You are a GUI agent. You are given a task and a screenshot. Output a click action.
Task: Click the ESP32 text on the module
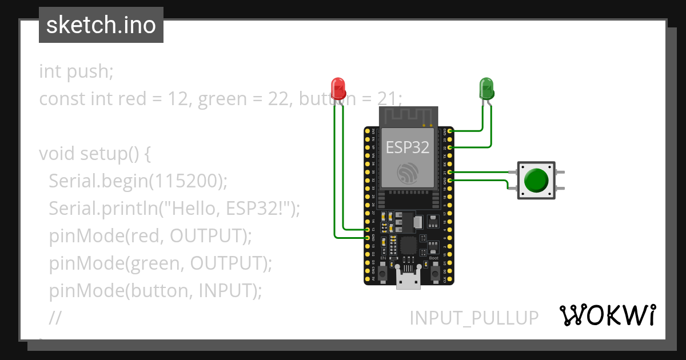[408, 147]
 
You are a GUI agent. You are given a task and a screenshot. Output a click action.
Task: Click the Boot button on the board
[434, 275]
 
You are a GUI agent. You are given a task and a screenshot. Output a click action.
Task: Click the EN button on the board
[384, 275]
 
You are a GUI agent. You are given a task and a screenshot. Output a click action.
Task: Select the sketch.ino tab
[101, 25]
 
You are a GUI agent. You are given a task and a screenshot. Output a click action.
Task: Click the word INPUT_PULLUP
[474, 318]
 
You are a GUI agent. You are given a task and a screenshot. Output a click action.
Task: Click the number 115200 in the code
[186, 181]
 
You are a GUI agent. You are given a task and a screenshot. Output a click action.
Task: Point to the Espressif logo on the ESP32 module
[408, 173]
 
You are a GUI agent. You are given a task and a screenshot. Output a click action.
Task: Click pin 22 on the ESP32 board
[450, 147]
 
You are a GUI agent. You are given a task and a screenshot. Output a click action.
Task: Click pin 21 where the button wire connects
[450, 171]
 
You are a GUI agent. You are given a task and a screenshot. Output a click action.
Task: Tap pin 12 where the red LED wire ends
[368, 229]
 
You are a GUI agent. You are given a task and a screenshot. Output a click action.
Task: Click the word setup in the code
[102, 154]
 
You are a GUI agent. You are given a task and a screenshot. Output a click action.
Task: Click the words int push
[76, 71]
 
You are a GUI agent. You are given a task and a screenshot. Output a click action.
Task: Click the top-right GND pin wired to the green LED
[450, 131]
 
